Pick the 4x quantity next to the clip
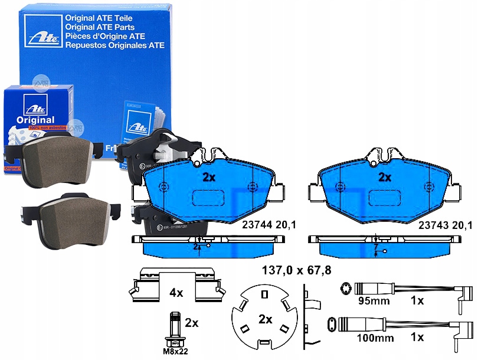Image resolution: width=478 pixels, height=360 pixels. (x=176, y=292)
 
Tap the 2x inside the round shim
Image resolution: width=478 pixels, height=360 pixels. (x=265, y=319)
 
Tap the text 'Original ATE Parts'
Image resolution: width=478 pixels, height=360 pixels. (x=99, y=27)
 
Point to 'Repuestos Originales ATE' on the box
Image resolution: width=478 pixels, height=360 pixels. (x=114, y=45)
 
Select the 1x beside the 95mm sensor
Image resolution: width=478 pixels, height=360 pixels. (x=417, y=301)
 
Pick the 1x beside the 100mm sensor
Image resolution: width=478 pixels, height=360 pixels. (x=417, y=338)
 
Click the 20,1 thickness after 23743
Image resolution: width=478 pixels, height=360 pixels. (x=463, y=224)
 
